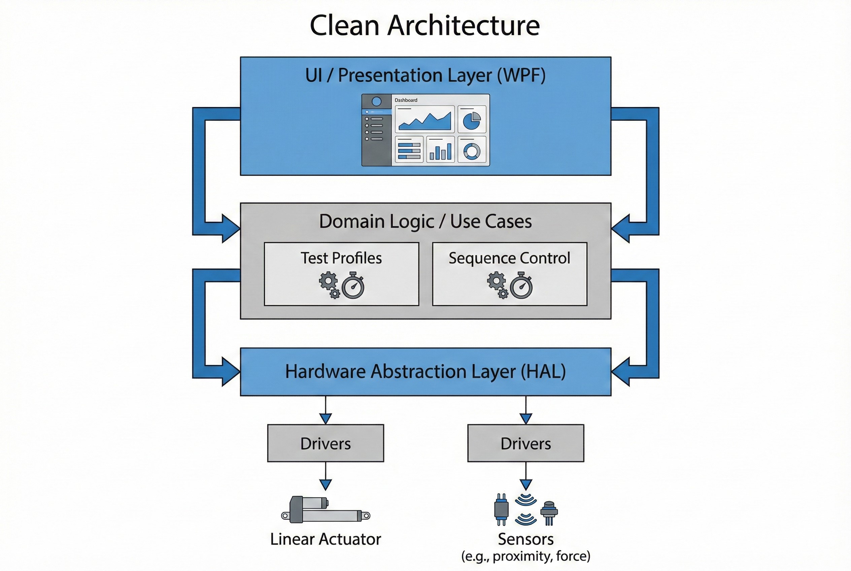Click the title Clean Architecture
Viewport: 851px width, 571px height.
pos(424,26)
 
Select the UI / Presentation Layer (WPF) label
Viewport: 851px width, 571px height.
pos(425,75)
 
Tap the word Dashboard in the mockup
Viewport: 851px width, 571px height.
pos(406,100)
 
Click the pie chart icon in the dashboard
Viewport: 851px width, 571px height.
pos(472,121)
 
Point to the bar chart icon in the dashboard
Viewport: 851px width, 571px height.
pos(440,150)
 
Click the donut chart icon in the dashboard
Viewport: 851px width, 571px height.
pos(472,151)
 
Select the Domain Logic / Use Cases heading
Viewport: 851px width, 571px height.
pos(425,222)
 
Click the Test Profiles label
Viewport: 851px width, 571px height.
pos(341,258)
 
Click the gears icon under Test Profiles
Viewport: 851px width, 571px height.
pos(329,284)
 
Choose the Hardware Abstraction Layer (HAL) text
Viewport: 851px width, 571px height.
pos(425,372)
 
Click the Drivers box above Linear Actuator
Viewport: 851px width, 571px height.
pos(326,443)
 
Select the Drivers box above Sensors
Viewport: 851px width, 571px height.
pos(525,443)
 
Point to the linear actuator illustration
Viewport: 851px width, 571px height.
pos(325,510)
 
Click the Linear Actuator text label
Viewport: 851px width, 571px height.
pos(325,539)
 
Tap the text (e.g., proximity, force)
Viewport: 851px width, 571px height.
pos(525,557)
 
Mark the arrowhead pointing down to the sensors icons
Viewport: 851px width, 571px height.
pos(525,485)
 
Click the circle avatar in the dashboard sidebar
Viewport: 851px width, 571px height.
pos(377,102)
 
